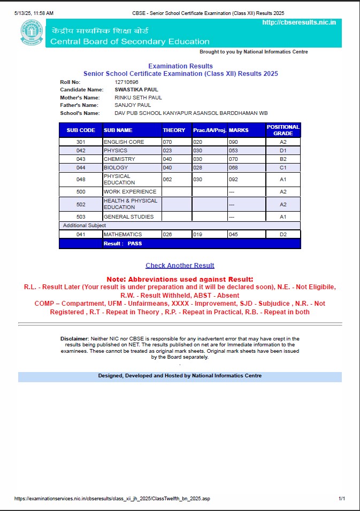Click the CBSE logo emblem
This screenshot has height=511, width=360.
(x=32, y=33)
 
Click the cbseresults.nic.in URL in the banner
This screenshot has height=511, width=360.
(x=299, y=22)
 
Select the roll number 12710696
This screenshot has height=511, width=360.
(x=126, y=82)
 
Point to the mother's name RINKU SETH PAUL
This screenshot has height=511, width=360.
(x=138, y=98)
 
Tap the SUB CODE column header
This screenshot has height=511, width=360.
(x=81, y=130)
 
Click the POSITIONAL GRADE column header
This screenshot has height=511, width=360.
(x=283, y=130)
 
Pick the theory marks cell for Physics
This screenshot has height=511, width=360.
(x=167, y=151)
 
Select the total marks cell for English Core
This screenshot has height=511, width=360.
(x=233, y=142)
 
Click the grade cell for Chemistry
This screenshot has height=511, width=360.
(x=283, y=159)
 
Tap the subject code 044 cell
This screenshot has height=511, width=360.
(x=81, y=168)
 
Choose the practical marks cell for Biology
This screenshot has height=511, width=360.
(x=198, y=168)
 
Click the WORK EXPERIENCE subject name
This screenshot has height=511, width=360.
(x=130, y=191)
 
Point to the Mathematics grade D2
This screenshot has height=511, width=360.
(x=283, y=234)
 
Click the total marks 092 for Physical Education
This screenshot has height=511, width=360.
(x=233, y=180)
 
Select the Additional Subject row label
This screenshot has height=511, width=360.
(x=85, y=226)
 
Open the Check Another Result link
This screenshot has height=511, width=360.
(x=180, y=265)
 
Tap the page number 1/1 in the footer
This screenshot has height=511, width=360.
(x=342, y=498)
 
